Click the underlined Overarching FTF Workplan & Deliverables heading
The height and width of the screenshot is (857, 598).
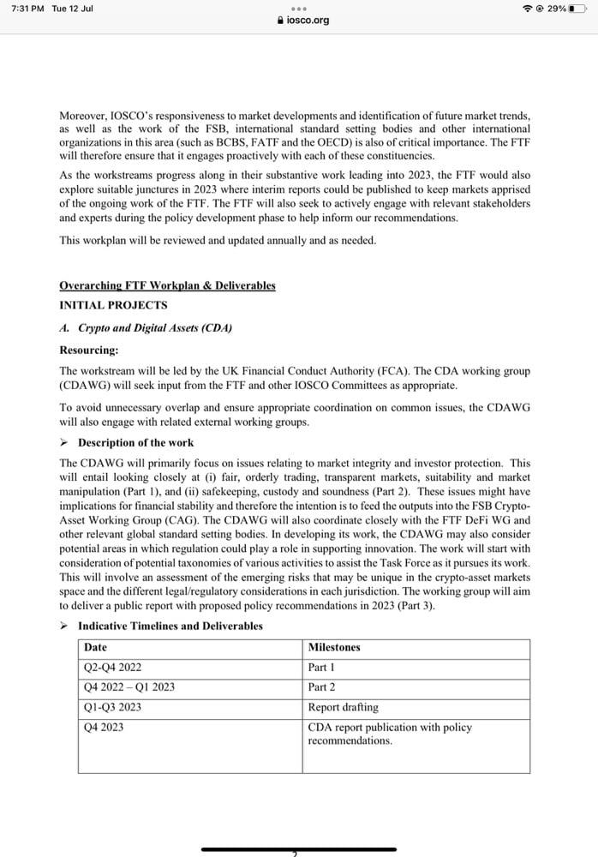coord(167,285)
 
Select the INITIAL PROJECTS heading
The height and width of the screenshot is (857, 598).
coord(113,305)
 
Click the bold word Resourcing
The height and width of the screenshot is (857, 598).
coord(89,350)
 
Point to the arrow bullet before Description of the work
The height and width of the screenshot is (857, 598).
coord(64,443)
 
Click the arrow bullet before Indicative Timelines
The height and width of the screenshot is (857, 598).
coord(64,626)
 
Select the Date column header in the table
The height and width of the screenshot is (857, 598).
coord(95,648)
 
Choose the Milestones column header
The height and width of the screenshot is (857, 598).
coord(334,648)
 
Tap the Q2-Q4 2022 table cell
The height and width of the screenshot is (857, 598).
coord(112,668)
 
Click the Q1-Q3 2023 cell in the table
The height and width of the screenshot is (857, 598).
coord(112,707)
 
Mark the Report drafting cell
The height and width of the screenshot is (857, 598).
coord(343,707)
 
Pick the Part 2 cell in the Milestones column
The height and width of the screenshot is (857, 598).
coord(322,687)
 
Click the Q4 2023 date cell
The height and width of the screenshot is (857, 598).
coord(104,727)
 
